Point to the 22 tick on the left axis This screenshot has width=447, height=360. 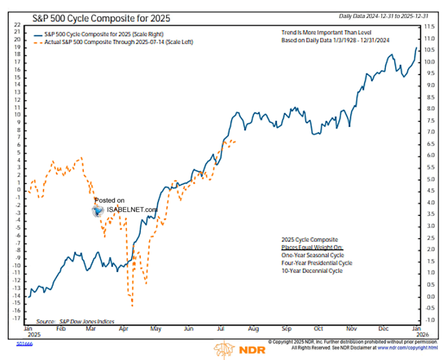coord(17,25)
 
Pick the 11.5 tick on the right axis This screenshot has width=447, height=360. coord(429,27)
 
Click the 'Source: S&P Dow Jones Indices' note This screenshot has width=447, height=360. coord(75,321)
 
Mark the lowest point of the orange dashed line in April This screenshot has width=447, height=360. coord(133,305)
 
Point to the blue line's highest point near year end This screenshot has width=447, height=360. coord(416,47)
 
